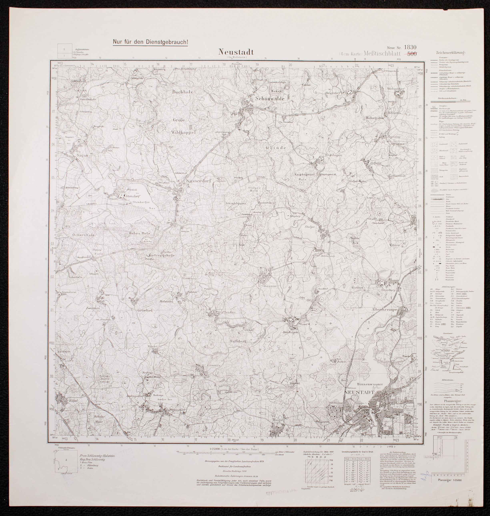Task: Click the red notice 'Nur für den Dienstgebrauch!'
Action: pos(150,42)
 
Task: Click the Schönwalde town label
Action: pos(270,99)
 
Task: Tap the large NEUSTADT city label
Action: pos(360,393)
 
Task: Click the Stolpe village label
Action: pos(310,227)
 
